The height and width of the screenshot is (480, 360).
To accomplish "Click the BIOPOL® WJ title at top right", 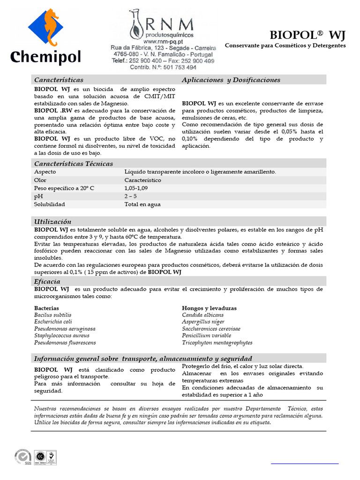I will (307, 35).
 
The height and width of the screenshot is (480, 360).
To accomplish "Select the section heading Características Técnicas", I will (74, 164).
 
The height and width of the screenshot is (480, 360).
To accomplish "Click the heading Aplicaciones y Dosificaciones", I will (231, 80).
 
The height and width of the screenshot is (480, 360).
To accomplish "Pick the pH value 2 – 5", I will (131, 196).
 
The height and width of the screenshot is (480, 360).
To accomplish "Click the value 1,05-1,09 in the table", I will (136, 188).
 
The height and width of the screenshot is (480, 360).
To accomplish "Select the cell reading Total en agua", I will (142, 204).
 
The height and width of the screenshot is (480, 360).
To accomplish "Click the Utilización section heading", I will (52, 221).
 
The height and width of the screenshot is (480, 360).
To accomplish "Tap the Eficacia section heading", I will (47, 281).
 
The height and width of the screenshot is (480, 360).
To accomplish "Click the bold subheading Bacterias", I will (46, 308).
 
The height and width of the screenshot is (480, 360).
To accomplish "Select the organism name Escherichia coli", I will (53, 322).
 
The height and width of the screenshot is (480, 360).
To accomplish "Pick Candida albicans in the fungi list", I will (203, 315).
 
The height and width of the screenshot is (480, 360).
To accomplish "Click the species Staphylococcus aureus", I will (62, 336).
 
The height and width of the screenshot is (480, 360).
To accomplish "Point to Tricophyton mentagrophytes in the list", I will (217, 343).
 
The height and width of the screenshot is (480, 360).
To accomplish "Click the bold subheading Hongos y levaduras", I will (209, 308).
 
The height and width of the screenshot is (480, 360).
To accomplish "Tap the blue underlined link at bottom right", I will (305, 463).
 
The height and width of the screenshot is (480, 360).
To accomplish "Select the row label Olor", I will (40, 180).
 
